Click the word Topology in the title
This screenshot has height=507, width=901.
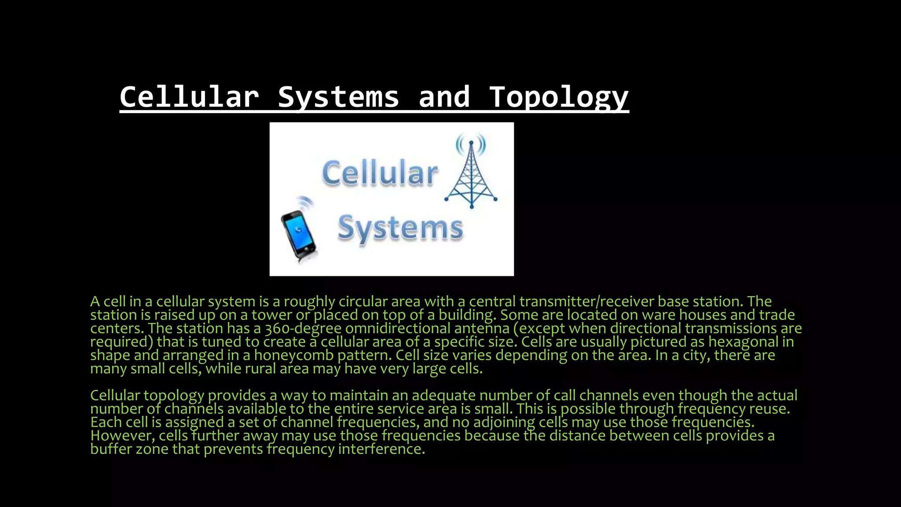click(559, 97)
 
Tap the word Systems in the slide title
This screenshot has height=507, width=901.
click(338, 97)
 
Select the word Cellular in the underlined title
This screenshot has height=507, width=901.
click(189, 97)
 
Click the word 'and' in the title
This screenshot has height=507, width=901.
click(444, 97)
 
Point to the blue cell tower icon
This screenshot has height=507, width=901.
click(471, 176)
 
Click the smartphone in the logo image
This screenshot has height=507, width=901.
click(299, 233)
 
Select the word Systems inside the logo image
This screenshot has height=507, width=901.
click(400, 228)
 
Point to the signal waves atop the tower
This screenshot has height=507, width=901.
click(471, 143)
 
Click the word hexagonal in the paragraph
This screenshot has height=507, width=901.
click(743, 342)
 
